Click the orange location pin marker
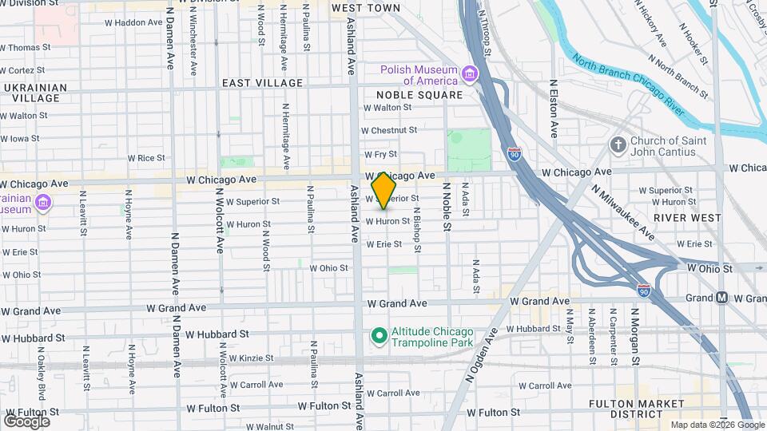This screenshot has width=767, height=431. pos(384,190)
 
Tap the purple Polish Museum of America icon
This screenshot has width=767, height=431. pos(469,76)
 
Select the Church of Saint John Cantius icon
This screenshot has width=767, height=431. pos(617,144)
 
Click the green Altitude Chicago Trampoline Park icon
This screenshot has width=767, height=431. pos(379,337)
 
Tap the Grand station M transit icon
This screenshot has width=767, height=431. pos(721,298)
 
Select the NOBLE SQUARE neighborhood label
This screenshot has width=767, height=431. pos(413,95)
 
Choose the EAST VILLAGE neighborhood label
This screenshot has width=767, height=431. pos(262,83)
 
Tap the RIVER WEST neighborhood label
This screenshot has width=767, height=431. pos(682,217)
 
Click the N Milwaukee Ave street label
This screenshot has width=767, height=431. pos(624,212)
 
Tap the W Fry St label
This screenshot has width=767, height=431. pos(380,155)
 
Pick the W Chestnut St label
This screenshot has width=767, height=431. pos(389,129)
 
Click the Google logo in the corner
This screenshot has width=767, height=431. pos(27,421)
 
